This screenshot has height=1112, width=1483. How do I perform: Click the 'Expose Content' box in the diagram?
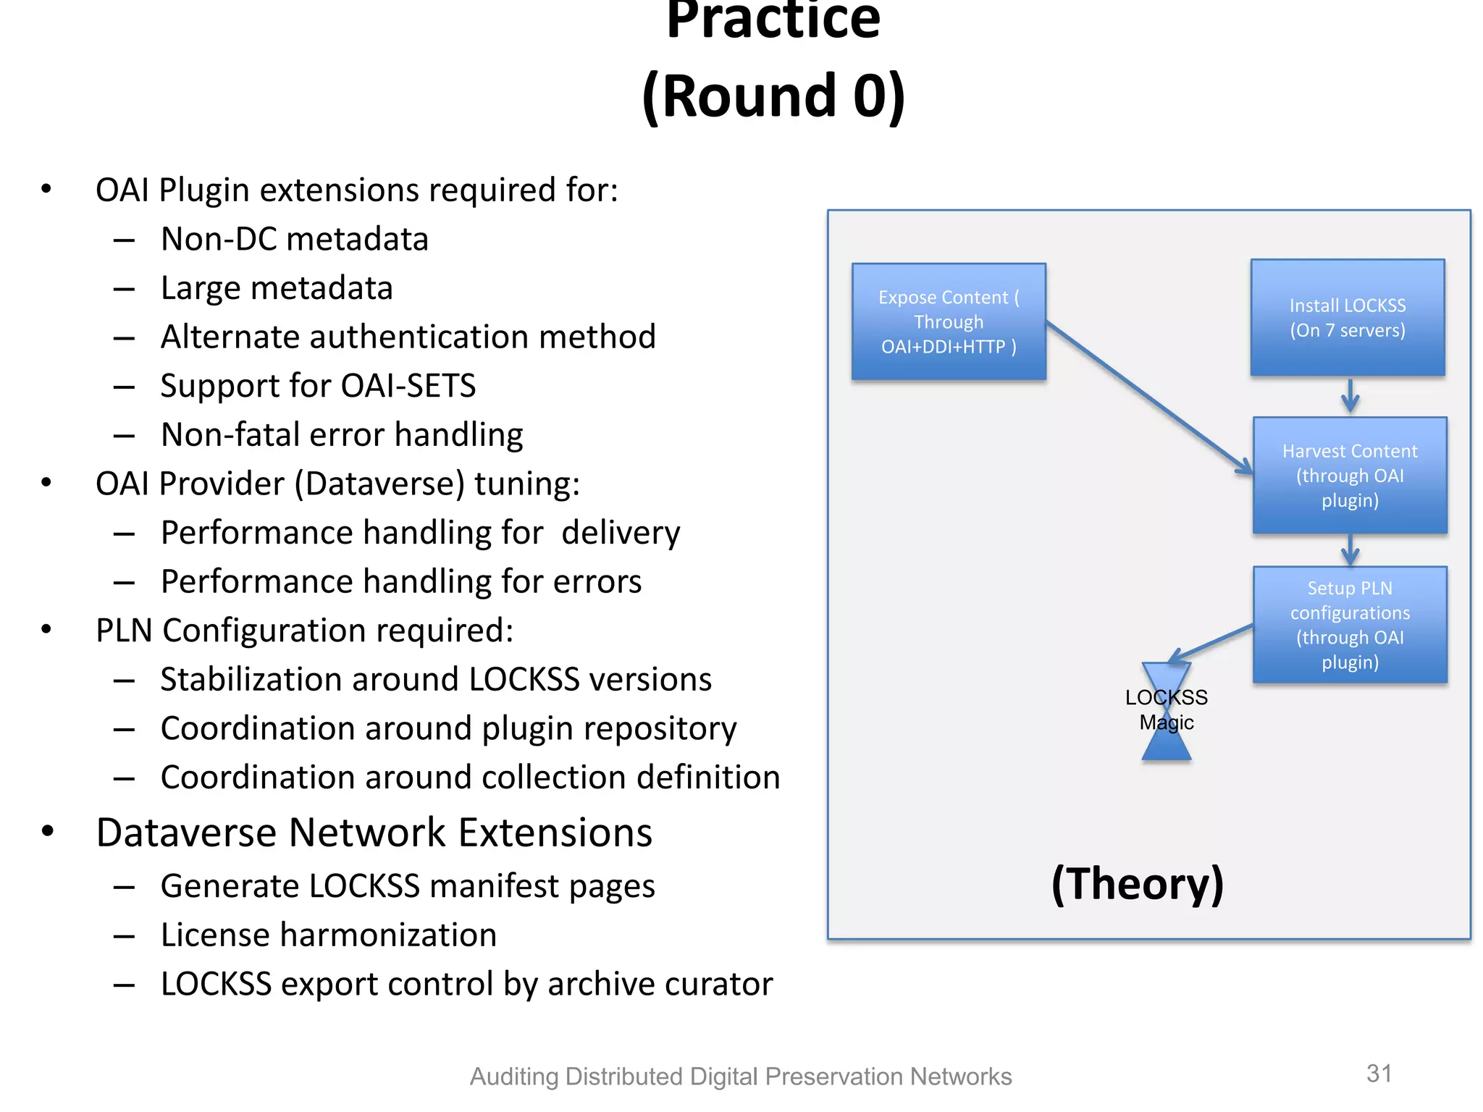(949, 321)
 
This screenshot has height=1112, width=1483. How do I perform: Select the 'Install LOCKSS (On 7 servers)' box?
(1348, 318)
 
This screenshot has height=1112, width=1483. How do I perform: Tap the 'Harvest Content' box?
(1350, 476)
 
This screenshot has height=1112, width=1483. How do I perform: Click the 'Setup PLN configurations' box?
(1350, 625)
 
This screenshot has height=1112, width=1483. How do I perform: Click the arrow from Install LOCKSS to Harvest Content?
(1350, 395)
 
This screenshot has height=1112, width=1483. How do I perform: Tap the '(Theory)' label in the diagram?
(1138, 884)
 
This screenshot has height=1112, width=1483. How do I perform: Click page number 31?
(1379, 1073)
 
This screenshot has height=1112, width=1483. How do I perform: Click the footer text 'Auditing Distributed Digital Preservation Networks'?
(741, 1077)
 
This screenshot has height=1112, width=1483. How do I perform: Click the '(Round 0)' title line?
(773, 96)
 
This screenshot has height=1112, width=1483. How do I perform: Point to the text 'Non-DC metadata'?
(295, 239)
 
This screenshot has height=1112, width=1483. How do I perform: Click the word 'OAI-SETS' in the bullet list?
(408, 386)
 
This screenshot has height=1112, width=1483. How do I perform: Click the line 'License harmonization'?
(329, 935)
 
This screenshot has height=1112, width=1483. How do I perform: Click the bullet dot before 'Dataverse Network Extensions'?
(48, 831)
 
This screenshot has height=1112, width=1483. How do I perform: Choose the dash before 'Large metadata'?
(124, 290)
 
